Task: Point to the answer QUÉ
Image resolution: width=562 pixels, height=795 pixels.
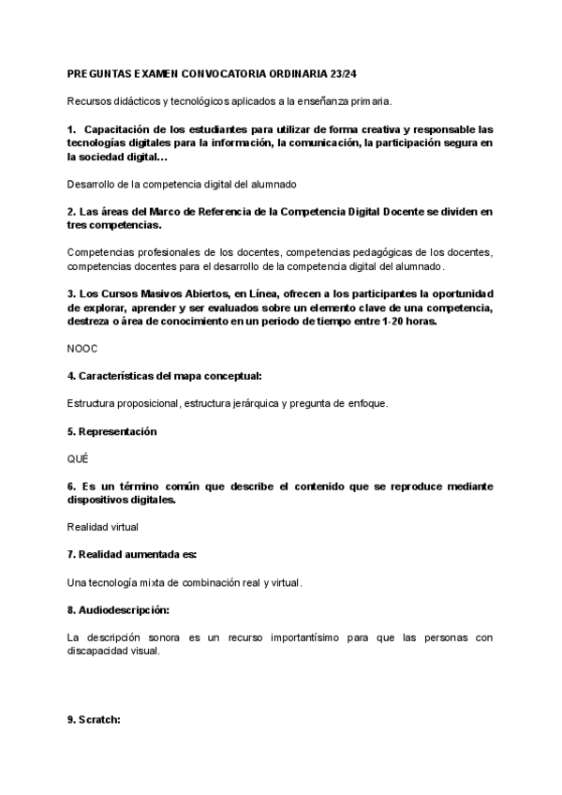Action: point(78,458)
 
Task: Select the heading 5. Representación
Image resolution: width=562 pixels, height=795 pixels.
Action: point(111,431)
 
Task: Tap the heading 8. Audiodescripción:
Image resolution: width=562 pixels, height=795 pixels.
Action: point(117,610)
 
